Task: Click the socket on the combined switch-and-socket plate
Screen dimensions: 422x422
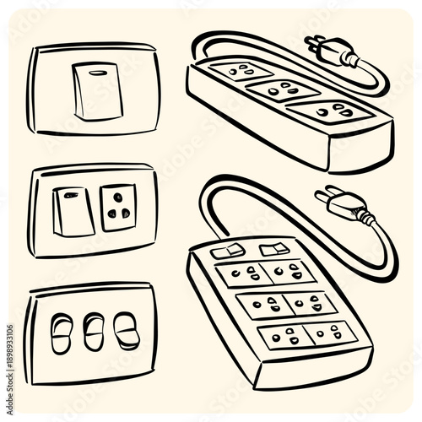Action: pos(117,207)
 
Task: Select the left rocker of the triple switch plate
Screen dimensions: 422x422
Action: pos(62,331)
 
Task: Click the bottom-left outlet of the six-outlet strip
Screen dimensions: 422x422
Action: pos(279,337)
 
